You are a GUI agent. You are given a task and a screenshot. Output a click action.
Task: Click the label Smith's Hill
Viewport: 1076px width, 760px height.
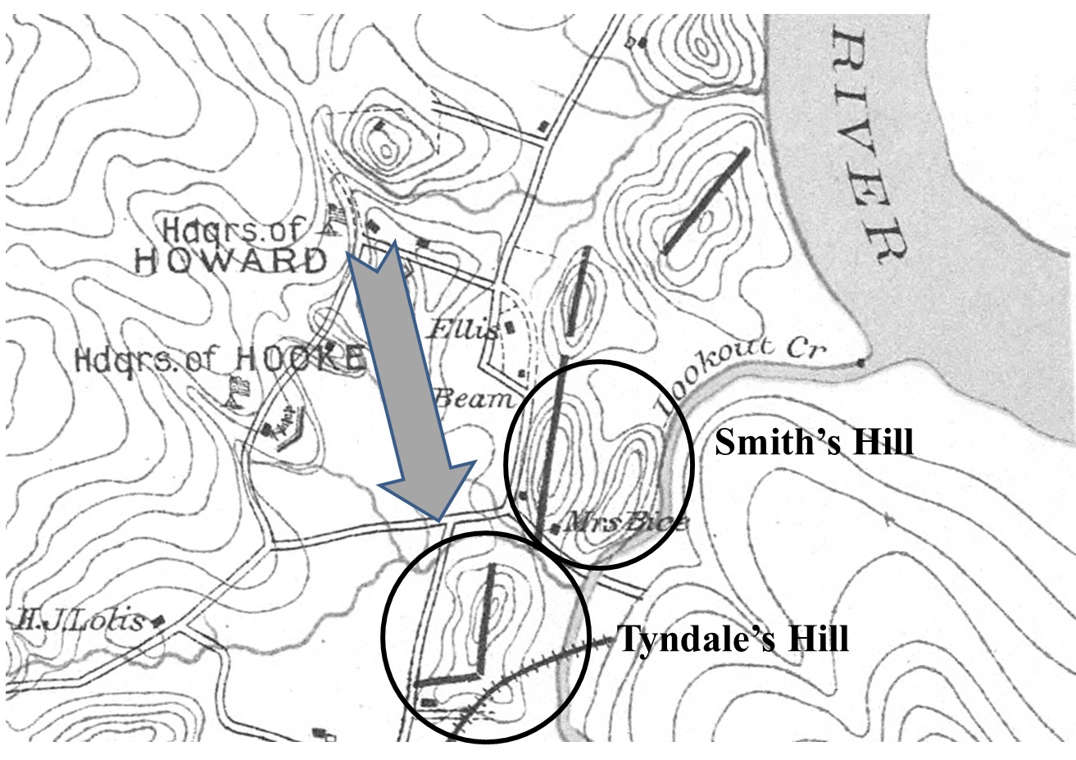813,444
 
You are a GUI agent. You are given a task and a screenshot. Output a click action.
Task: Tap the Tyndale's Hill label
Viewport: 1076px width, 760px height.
732,639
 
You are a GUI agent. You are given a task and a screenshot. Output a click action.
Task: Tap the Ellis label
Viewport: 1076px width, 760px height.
464,330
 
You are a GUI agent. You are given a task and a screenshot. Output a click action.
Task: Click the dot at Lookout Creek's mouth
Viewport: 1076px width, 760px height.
859,362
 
